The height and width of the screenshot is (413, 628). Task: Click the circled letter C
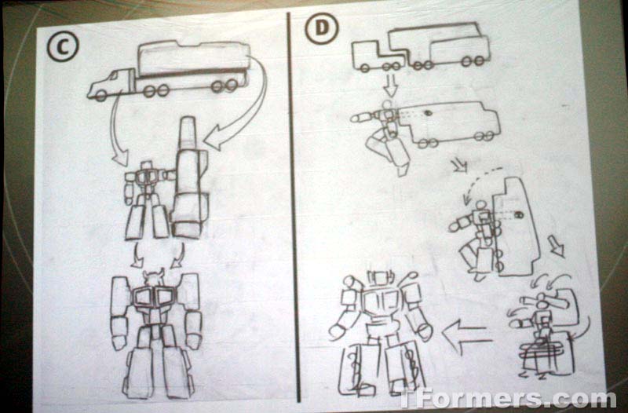point(63,46)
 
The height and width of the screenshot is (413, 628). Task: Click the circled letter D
point(322,28)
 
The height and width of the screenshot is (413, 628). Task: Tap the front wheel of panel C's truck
point(101,96)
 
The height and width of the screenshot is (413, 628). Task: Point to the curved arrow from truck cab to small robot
point(115,132)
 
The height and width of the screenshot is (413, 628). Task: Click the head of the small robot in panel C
point(148,166)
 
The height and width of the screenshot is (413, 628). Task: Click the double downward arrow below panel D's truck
point(390,86)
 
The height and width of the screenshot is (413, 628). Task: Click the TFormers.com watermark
point(508,398)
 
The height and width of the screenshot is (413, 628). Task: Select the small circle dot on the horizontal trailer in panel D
point(427,113)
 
